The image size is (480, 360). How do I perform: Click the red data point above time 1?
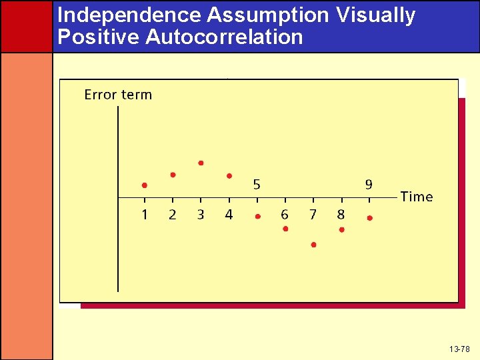coord(145,185)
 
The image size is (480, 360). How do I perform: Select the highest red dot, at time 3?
coord(201,163)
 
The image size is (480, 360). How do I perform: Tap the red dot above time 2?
coord(173,175)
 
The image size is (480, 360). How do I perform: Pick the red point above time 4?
coord(229,176)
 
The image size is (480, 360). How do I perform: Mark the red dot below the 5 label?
coord(257,217)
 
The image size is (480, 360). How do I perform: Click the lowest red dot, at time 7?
coord(313,245)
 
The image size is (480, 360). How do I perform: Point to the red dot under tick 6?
coord(285,229)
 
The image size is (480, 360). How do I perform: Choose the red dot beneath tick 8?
coord(341,229)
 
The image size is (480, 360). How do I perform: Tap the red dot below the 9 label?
coord(369,218)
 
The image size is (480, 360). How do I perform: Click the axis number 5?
coord(257,185)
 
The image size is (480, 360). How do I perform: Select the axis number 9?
coord(369,185)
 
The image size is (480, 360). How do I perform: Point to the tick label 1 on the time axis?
coord(145,215)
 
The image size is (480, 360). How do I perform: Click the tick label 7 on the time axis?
coord(313,215)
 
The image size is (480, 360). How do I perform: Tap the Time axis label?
coord(417,197)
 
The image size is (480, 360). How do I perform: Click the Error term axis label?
coord(118,95)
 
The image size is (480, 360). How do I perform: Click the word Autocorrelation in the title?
coord(224,37)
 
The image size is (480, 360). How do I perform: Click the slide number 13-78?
coord(459,349)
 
